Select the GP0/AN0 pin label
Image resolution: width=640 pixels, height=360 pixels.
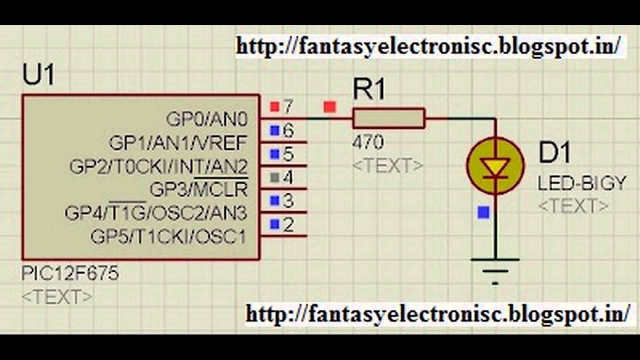[x=207, y=119]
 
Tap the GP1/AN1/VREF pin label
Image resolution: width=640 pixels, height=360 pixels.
[x=178, y=143]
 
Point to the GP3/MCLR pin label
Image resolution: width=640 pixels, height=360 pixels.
[x=198, y=189]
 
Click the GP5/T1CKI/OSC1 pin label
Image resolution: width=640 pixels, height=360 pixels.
[x=168, y=236]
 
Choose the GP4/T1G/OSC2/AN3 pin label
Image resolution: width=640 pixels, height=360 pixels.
[x=156, y=213]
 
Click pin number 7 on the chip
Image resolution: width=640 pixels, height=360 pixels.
[x=288, y=106]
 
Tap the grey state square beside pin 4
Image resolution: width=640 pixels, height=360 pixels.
[x=274, y=177]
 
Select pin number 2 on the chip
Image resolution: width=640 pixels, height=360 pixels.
[x=288, y=225]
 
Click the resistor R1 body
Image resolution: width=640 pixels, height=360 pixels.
[x=389, y=119]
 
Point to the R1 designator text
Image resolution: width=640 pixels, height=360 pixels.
[x=369, y=90]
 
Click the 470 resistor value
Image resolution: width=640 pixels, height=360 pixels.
[x=368, y=143]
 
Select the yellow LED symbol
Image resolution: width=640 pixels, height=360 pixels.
[x=495, y=166]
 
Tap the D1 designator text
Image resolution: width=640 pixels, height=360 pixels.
[x=554, y=153]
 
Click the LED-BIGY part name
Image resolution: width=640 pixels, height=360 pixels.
[x=582, y=184]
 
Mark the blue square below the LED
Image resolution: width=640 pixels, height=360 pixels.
[x=483, y=213]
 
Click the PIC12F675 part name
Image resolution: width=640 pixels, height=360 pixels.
[x=70, y=274]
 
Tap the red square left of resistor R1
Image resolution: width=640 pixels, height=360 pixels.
[x=330, y=107]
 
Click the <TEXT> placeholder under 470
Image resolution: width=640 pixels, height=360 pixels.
[x=388, y=165]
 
